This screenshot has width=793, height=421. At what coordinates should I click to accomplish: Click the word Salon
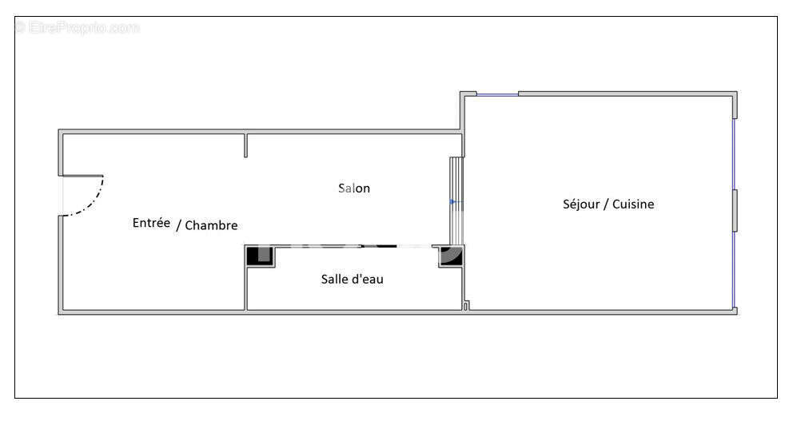point(354,189)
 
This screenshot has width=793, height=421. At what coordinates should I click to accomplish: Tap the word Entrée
point(151,223)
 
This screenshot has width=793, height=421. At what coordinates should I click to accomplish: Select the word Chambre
point(211,225)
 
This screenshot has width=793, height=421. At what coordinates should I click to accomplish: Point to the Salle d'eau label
point(352,279)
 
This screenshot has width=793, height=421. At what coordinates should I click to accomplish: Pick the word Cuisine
point(634,204)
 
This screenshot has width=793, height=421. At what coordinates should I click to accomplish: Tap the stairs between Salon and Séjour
point(456,200)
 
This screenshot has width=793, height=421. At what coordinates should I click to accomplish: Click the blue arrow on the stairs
point(453,201)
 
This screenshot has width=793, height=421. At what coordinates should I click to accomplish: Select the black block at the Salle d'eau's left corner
point(259,256)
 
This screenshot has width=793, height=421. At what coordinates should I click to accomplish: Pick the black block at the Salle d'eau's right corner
point(451,256)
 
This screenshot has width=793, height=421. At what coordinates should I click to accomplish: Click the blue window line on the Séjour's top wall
point(497,95)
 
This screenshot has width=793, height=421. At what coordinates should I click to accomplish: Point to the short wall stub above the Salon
point(246,145)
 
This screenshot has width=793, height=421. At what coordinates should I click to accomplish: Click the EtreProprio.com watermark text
point(77,28)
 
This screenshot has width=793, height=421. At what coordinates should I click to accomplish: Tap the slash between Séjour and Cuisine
point(605,205)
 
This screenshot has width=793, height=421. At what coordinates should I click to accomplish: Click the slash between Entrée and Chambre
point(178,224)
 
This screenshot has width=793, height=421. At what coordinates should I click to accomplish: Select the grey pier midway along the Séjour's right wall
point(735,210)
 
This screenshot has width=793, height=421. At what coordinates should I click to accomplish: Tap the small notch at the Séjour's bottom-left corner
point(467,304)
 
